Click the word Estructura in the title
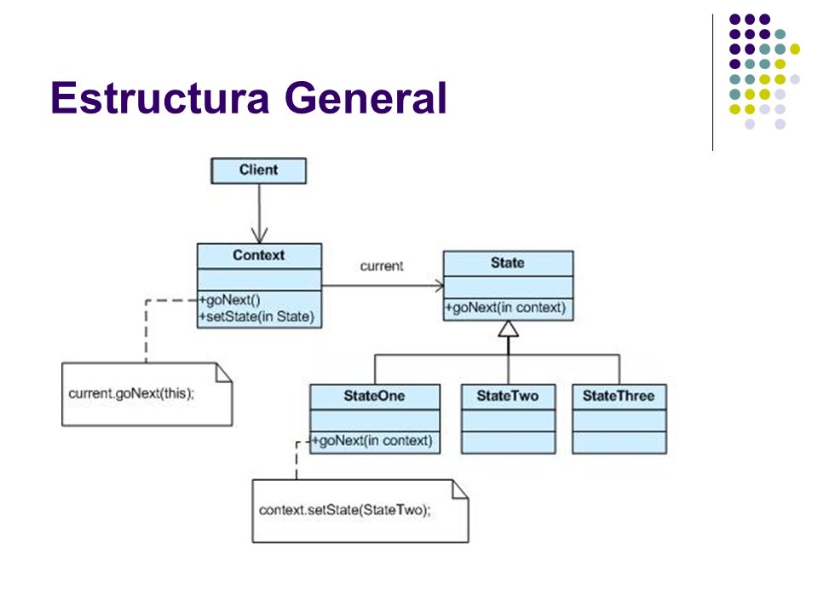[x=160, y=97]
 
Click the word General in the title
[x=366, y=97]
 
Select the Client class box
[x=259, y=171]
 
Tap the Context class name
[x=259, y=255]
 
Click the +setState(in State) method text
[x=256, y=317]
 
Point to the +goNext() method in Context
[x=229, y=300]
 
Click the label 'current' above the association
[x=382, y=266]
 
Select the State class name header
[x=508, y=264]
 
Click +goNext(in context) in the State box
[x=505, y=308]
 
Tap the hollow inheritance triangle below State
[x=508, y=329]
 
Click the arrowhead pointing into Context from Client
[x=259, y=235]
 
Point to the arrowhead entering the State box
[x=439, y=286]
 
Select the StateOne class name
[x=375, y=397]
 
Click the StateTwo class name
[x=508, y=397]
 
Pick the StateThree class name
[x=619, y=397]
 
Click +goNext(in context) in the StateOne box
[x=372, y=441]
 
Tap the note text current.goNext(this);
[x=131, y=394]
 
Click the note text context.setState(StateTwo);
[x=345, y=510]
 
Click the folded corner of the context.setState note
[x=460, y=489]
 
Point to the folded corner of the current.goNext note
[x=224, y=373]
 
